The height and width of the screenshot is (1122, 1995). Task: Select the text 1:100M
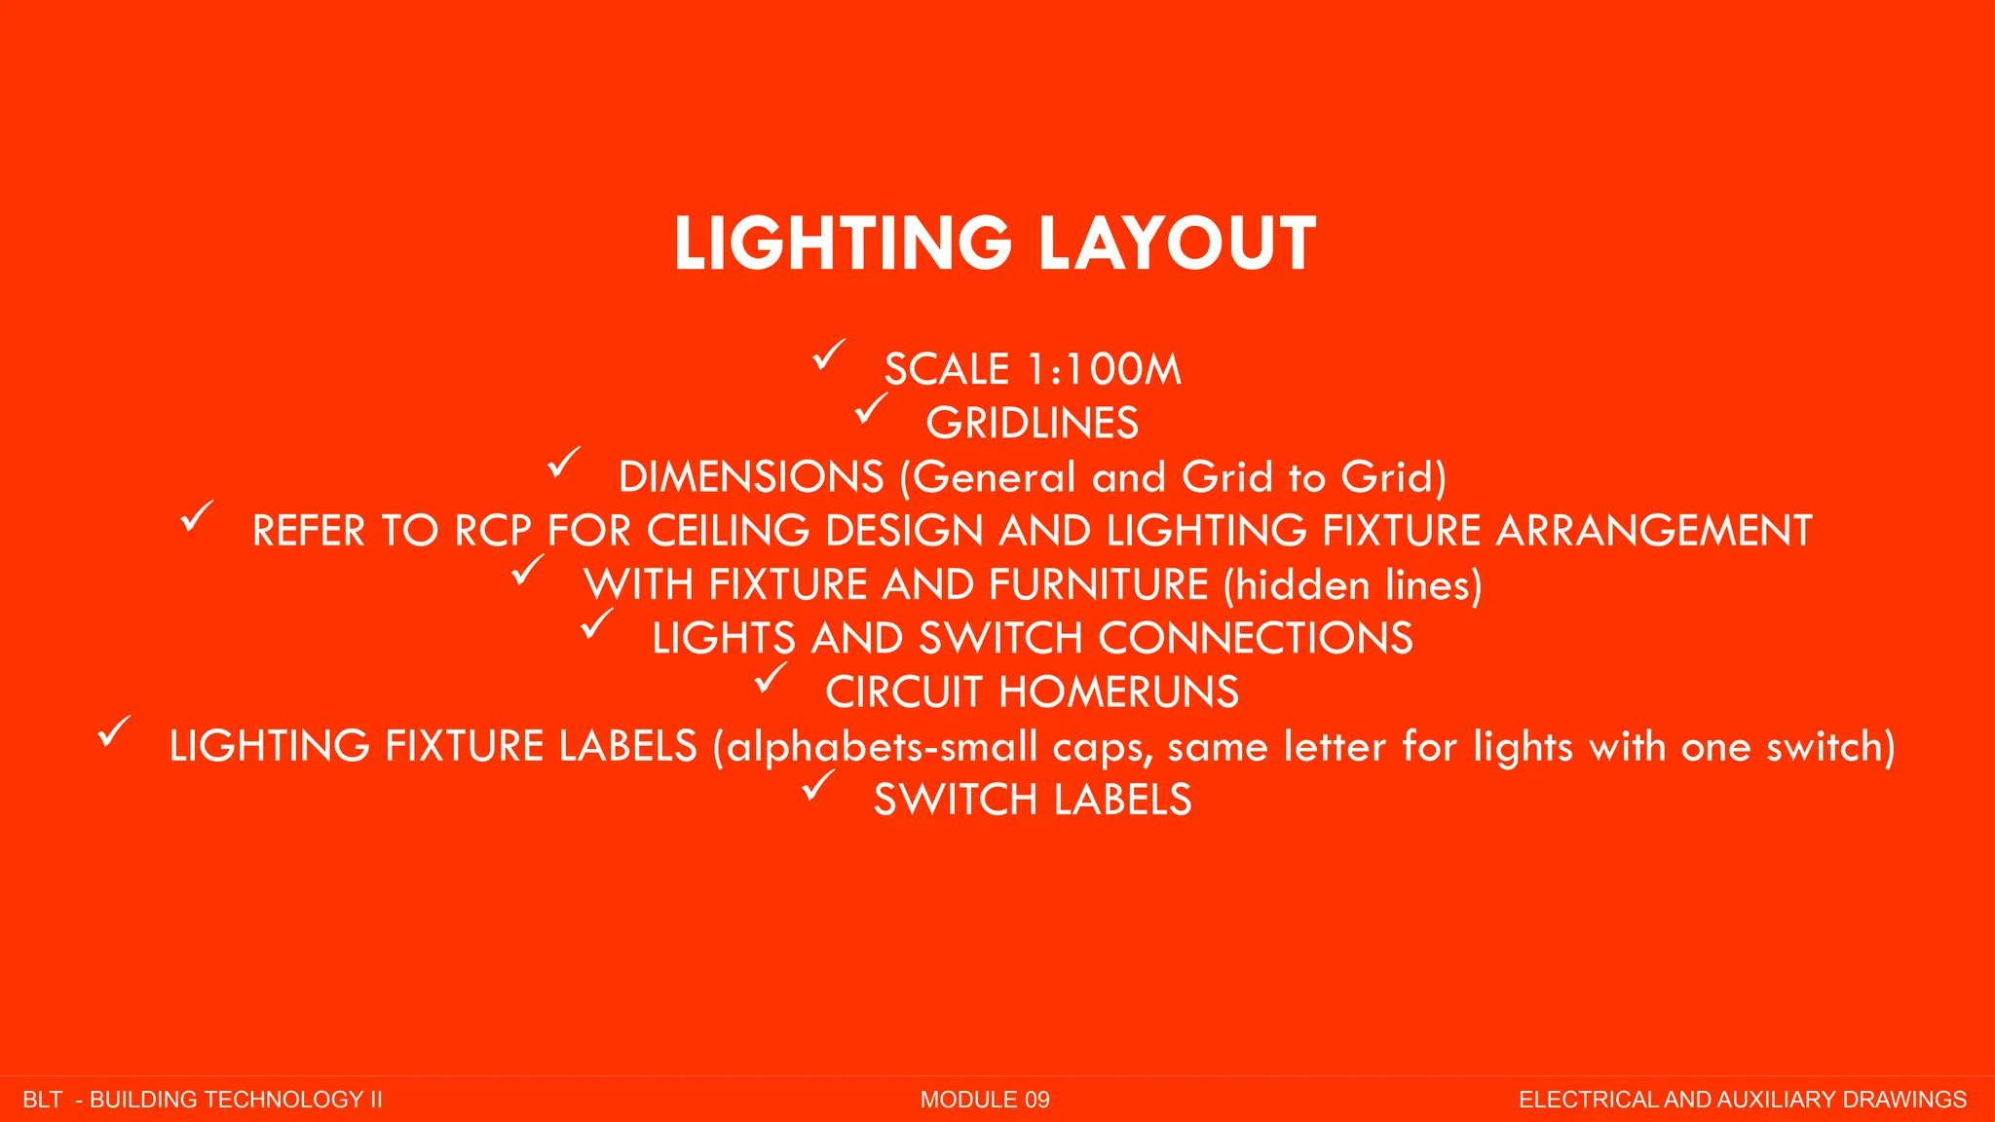click(1105, 370)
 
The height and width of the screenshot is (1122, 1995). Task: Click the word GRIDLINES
click(1032, 424)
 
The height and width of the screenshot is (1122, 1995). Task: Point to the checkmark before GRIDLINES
click(871, 408)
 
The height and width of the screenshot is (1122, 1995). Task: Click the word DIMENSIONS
click(751, 477)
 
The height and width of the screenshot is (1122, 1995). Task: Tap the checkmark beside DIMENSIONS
click(563, 463)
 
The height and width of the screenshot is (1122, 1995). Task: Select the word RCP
click(494, 531)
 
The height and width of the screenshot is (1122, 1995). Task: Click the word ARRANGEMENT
click(1653, 531)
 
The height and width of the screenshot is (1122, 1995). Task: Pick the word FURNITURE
click(1098, 585)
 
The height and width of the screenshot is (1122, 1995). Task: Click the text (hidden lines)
click(1353, 585)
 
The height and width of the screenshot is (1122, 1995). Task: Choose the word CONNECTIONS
click(1256, 639)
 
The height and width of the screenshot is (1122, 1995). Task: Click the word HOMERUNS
click(1119, 692)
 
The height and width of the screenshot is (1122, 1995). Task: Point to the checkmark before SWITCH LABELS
click(818, 785)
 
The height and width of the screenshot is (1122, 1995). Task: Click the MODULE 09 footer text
click(985, 1100)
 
